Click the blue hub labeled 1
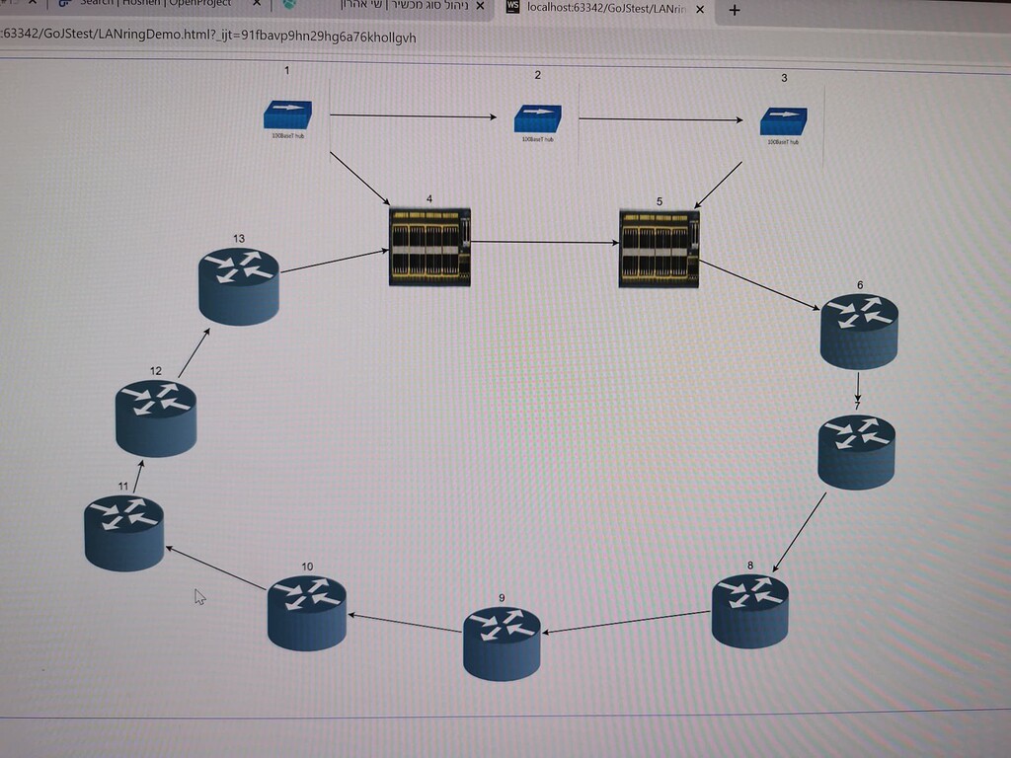point(287,115)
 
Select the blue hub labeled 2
point(538,119)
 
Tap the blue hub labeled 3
point(783,121)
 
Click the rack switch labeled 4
point(429,247)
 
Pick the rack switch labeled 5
point(659,248)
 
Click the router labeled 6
point(859,331)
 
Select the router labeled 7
point(856,451)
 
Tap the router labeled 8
point(750,611)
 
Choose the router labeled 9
point(502,644)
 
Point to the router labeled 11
point(123,533)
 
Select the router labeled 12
point(156,417)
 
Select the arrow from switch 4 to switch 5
point(544,242)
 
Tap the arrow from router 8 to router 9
point(626,623)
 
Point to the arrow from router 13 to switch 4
point(335,261)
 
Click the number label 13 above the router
point(239,238)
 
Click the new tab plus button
point(734,10)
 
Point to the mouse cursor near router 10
point(199,596)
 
